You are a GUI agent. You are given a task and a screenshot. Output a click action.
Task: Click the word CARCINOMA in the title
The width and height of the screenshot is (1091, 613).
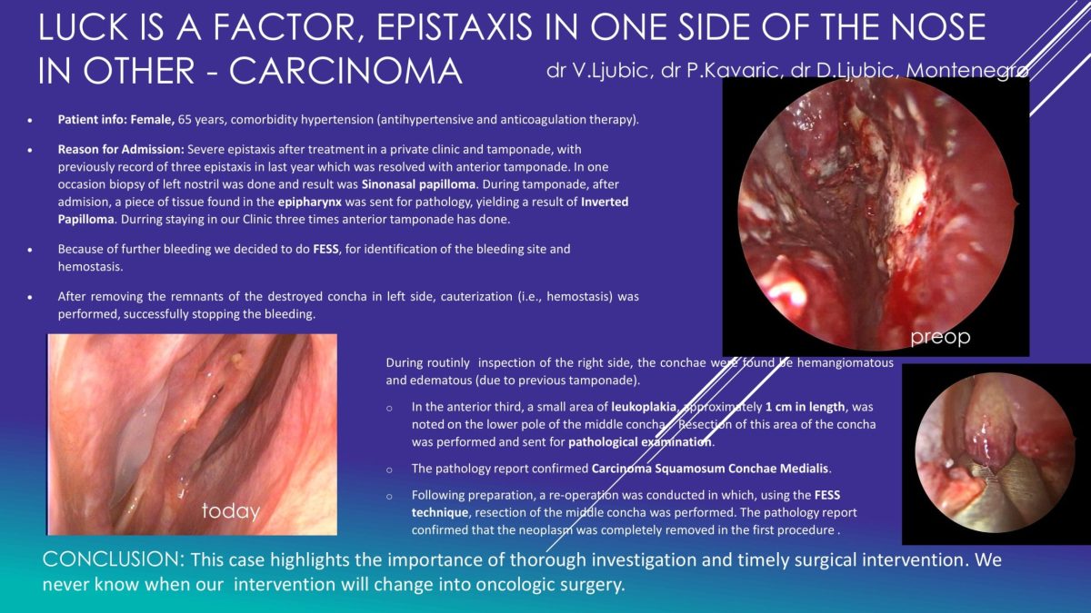[345, 71]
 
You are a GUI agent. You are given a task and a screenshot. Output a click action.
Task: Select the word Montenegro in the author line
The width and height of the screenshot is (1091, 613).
[967, 71]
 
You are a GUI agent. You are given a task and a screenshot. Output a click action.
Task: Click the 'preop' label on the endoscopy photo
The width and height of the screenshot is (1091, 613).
[940, 337]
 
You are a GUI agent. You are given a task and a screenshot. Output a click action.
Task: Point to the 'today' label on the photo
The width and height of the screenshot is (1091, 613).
[231, 510]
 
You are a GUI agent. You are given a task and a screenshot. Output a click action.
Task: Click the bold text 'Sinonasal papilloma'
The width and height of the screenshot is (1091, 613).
[418, 184]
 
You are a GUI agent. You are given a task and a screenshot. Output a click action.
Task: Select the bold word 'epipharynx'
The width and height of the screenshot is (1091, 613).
[310, 202]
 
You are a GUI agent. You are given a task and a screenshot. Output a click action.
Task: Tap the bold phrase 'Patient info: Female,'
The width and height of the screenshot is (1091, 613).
[116, 120]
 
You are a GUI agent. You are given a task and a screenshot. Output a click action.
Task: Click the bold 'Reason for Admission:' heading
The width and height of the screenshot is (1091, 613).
[121, 149]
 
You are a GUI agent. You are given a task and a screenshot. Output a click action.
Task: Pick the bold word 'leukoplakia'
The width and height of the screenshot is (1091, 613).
[644, 407]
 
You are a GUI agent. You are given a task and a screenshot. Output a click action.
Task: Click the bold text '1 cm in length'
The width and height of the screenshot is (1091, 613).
[806, 407]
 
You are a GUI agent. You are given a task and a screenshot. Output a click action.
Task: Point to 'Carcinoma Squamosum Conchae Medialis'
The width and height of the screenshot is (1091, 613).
[710, 469]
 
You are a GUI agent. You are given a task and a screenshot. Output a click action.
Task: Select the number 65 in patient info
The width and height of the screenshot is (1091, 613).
[185, 120]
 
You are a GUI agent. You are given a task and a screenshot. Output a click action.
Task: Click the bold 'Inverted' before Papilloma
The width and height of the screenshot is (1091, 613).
[605, 202]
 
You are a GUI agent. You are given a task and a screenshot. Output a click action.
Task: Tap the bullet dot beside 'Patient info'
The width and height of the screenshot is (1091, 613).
[30, 120]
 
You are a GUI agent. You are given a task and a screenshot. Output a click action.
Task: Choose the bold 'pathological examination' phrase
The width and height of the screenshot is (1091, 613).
[640, 442]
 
